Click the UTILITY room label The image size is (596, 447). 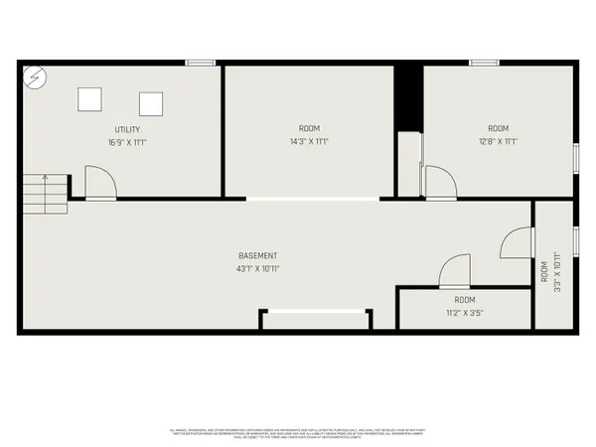click(x=126, y=130)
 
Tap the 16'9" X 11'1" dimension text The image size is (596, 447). click(x=126, y=142)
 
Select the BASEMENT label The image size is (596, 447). click(x=257, y=256)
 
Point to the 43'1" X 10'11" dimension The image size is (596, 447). click(x=257, y=269)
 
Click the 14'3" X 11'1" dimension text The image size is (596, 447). click(x=310, y=141)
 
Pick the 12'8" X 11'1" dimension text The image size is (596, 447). click(x=498, y=141)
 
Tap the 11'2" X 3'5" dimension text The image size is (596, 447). click(x=465, y=313)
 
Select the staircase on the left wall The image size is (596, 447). click(x=46, y=192)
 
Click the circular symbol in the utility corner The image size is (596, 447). click(x=35, y=76)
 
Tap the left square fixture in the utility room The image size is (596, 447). click(x=90, y=97)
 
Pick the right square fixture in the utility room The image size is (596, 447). click(x=151, y=103)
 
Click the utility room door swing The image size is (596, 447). click(x=100, y=183)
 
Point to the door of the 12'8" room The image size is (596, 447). click(x=438, y=182)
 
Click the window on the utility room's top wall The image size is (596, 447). click(x=201, y=64)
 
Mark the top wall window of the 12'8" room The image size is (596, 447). click(x=484, y=64)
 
